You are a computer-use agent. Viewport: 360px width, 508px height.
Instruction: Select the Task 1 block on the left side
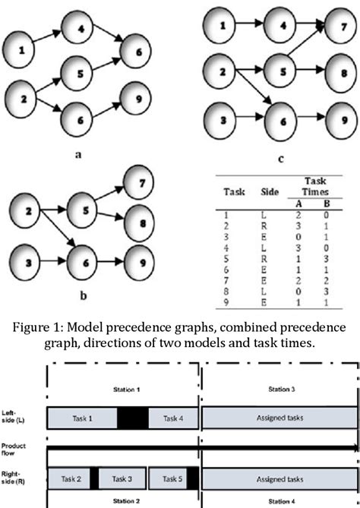point(82,418)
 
